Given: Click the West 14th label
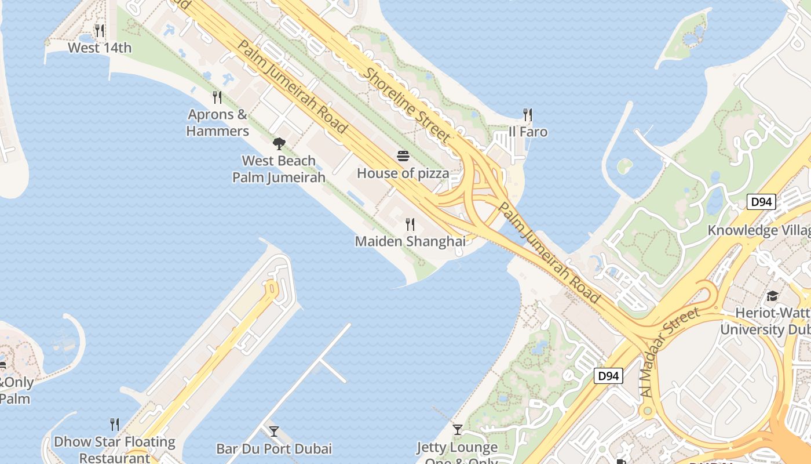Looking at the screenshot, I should [100, 48].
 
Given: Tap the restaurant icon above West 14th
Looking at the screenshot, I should [100, 30].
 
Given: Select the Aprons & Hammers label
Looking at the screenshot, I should [218, 122].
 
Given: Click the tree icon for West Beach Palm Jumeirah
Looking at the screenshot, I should [279, 143].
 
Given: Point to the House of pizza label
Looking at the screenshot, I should [403, 173].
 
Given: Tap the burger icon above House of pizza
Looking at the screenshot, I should [403, 155].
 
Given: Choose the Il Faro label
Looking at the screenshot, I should [528, 132].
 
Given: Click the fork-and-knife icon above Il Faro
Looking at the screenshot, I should [527, 114].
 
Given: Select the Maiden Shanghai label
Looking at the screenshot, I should [410, 241].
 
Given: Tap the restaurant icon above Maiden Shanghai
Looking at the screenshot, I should [410, 224].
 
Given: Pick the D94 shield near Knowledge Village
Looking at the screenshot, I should [761, 202].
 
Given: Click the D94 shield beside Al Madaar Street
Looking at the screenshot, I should [608, 376].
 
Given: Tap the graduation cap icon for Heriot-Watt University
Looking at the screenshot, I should [772, 296].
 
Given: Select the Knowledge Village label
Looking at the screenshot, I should [759, 230].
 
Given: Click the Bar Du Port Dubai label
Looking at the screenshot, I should [274, 449].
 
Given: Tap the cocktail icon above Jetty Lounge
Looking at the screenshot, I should [458, 430].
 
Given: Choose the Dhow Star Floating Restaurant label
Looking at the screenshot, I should [115, 449].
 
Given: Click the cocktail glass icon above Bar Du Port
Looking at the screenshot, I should [274, 432].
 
